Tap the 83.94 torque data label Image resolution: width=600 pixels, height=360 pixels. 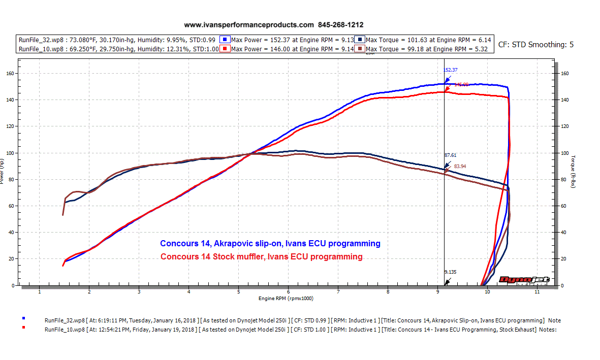pos(460,166)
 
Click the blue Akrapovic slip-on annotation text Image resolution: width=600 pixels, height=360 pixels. pos(270,244)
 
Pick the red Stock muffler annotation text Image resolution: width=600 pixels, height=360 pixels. pos(262,256)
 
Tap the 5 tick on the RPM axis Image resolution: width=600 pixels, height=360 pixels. pos(238,292)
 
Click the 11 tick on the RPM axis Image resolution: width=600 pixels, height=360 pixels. pos(536,292)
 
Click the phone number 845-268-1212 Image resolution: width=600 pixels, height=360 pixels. pos(341,24)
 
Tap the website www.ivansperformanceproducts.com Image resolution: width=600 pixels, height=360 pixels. pos(249,24)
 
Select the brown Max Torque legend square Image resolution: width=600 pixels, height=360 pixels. pos(360,49)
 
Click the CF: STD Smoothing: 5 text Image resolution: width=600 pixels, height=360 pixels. pos(536,45)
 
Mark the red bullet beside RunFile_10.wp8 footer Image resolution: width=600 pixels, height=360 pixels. pos(23,329)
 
